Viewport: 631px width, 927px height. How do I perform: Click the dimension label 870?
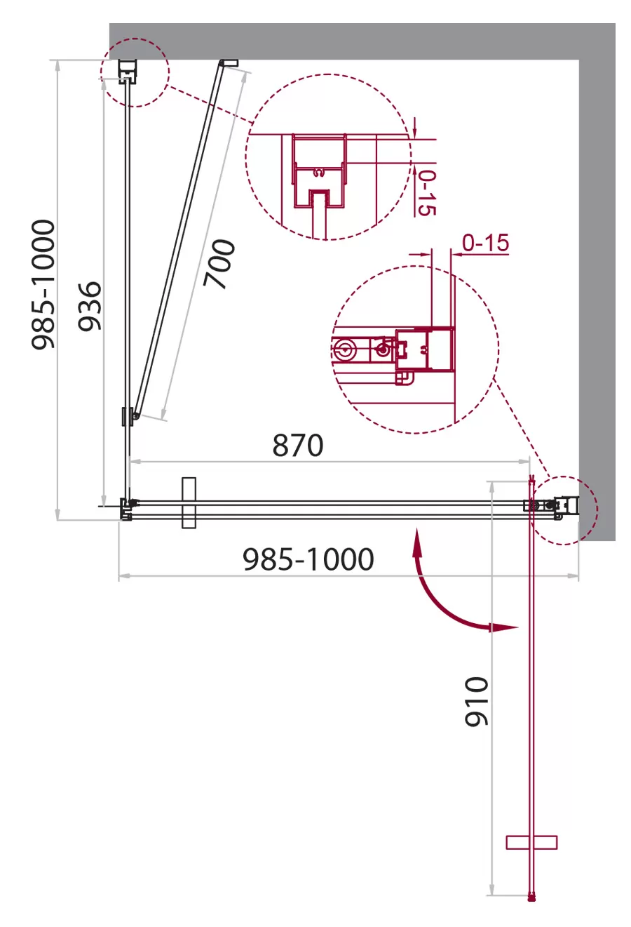click(x=298, y=446)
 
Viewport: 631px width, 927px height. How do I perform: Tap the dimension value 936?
click(x=89, y=306)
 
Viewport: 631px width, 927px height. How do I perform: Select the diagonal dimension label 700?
click(x=219, y=264)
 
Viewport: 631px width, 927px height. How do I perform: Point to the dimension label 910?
click(x=476, y=702)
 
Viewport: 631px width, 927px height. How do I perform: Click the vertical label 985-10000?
click(x=43, y=285)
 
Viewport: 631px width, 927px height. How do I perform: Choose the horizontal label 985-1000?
click(x=308, y=559)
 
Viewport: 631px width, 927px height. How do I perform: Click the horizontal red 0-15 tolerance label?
click(x=485, y=243)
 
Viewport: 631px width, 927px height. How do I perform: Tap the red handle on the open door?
click(x=531, y=842)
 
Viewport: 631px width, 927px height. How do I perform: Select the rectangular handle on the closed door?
click(x=189, y=503)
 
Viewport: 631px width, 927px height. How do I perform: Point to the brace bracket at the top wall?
click(x=229, y=63)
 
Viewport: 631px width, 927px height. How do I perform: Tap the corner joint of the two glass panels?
click(x=126, y=509)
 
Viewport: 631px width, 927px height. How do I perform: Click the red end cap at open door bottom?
click(x=531, y=898)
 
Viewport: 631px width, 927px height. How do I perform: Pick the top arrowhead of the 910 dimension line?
click(x=491, y=487)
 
